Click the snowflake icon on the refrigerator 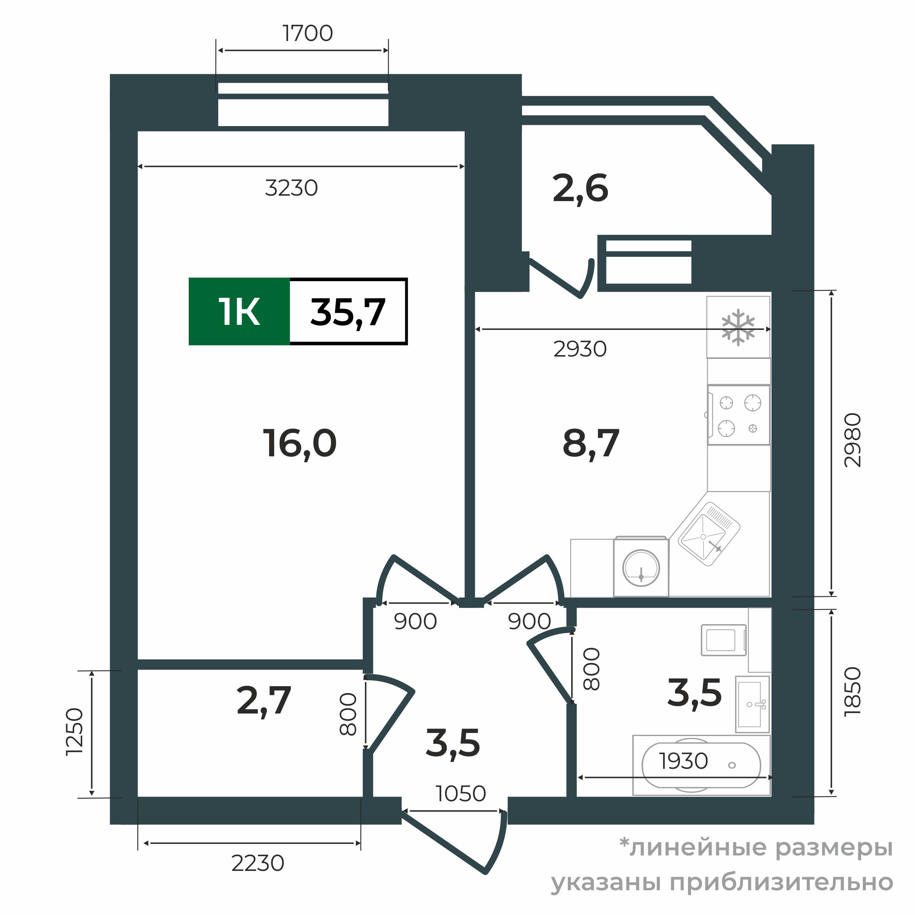737,327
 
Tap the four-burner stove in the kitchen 738,415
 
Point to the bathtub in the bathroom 701,765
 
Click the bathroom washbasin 752,704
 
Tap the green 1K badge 239,312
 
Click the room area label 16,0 299,443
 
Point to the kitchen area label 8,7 591,443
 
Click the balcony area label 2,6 580,188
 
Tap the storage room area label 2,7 263,701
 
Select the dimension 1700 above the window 307,33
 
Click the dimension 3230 291,188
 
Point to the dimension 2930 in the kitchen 580,349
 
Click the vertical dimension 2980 852,440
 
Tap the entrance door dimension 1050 460,794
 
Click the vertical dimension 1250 75,732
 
